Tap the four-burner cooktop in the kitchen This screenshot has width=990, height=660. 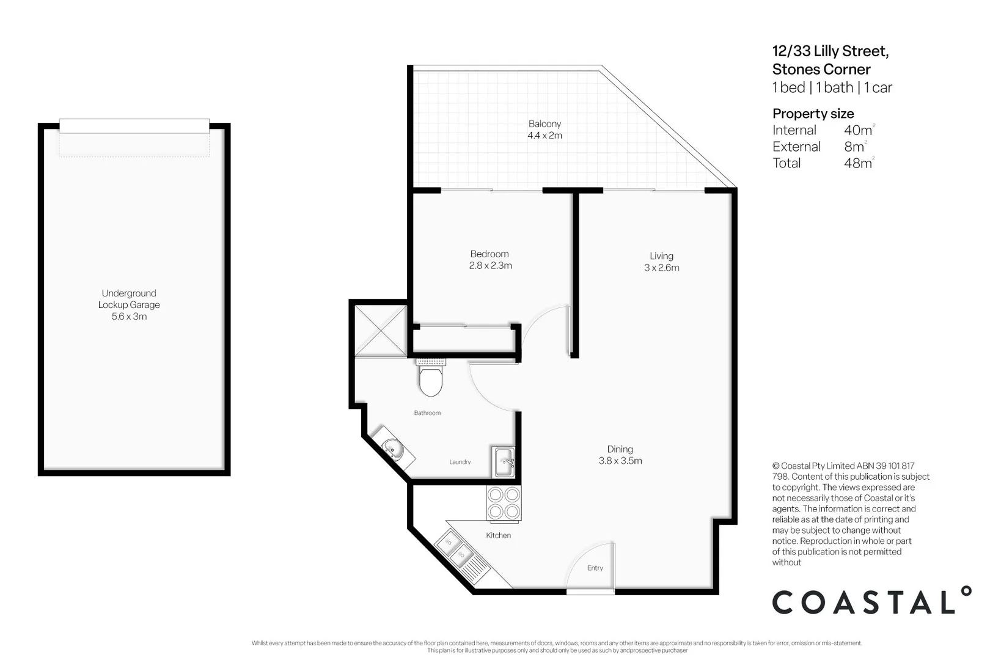pos(504,503)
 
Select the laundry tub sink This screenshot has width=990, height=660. pos(504,462)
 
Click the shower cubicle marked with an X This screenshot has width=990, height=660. pos(381,331)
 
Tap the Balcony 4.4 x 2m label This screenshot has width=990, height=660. pos(544,130)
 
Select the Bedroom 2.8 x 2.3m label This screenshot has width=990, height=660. pos(490,260)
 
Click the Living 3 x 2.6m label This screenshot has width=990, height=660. pos(661,262)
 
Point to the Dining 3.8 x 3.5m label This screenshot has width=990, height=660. pos(620,455)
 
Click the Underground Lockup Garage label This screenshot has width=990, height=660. pos(129,304)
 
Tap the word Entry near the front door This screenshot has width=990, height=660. pos(595,568)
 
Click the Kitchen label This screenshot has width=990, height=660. pos(498,535)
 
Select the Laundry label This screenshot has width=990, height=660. pos(460,462)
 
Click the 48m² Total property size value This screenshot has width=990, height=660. pos(858,163)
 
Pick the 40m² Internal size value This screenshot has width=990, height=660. pos(858,130)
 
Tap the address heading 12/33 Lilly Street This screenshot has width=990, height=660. pos(830,51)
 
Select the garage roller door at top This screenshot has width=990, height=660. pos(134,126)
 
